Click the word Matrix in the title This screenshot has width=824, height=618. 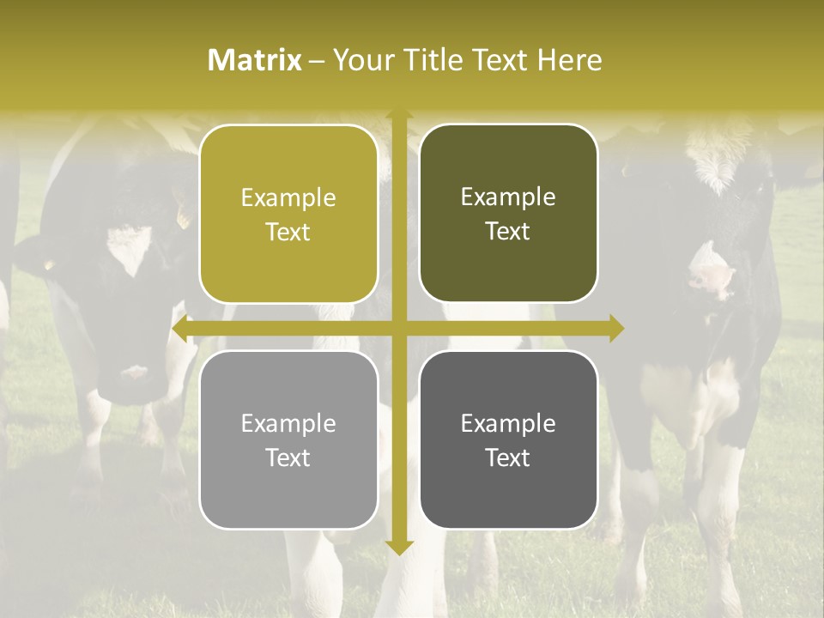click(x=255, y=60)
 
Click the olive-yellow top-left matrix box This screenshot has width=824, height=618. click(x=288, y=214)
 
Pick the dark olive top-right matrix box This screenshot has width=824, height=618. click(x=508, y=214)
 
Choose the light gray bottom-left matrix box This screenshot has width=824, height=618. click(x=288, y=439)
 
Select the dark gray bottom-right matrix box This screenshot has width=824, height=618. click(x=508, y=439)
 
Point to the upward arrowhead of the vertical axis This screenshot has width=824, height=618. click(x=398, y=117)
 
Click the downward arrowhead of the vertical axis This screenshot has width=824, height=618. click(x=398, y=547)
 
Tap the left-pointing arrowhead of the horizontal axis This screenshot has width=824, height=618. click(x=180, y=329)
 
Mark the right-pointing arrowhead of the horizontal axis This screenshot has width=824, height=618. click(x=616, y=329)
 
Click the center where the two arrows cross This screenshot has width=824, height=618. click(x=398, y=329)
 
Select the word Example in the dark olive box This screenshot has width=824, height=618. click(x=508, y=197)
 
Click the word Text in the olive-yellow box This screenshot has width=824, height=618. click(x=288, y=232)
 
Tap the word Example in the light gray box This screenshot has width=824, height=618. click(x=288, y=423)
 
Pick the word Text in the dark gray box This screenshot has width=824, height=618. click(x=508, y=458)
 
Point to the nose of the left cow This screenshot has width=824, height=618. click(x=133, y=374)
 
